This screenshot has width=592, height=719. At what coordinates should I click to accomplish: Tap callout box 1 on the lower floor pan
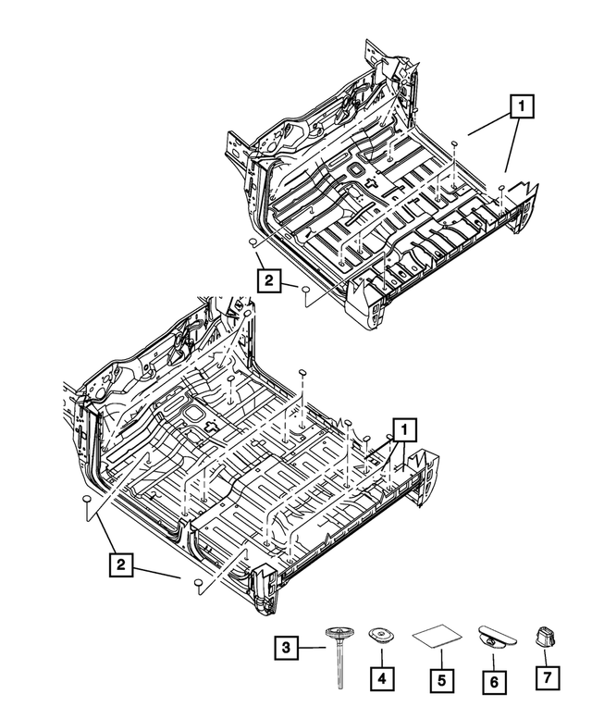(x=403, y=428)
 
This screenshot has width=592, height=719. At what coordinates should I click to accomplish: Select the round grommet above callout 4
(x=379, y=637)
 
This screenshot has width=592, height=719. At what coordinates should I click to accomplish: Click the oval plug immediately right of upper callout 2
(x=303, y=290)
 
